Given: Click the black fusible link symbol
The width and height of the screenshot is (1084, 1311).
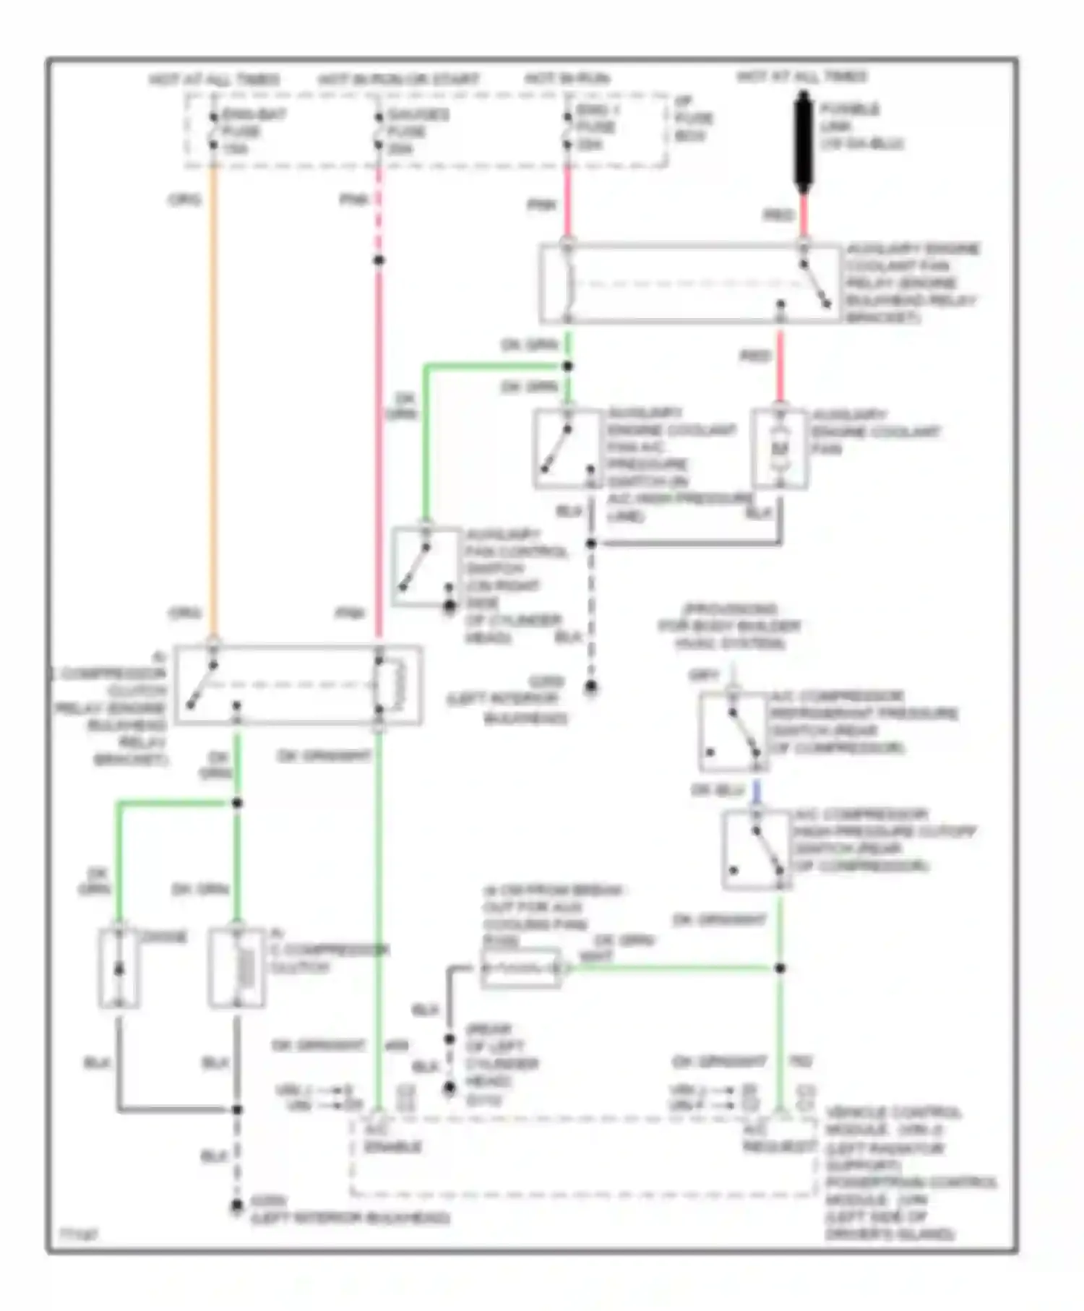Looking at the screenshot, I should [x=803, y=145].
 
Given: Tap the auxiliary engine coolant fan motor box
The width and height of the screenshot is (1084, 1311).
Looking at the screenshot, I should [x=779, y=448].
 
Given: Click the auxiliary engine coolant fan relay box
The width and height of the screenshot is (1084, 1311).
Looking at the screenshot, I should [x=690, y=283].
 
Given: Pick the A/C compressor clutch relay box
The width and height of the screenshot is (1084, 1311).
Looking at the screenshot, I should [x=297, y=684].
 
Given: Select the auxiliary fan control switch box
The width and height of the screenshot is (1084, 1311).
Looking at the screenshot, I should [x=426, y=567].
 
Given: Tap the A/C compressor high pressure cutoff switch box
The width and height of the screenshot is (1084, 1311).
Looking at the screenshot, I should [x=756, y=849].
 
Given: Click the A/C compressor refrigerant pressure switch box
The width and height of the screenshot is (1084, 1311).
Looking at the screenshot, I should [x=733, y=732].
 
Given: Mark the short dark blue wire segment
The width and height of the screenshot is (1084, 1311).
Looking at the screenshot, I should [x=756, y=791].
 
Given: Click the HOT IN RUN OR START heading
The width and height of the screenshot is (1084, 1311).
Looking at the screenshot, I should [x=398, y=79].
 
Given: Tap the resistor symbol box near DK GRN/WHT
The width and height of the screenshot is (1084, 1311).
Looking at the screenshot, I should [x=521, y=968].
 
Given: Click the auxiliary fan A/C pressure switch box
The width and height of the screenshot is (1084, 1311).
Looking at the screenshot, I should [x=567, y=448].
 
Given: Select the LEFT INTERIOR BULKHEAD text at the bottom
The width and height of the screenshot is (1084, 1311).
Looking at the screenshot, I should [x=350, y=1218].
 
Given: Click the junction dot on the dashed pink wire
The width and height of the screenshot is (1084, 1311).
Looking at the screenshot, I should [x=378, y=260].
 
